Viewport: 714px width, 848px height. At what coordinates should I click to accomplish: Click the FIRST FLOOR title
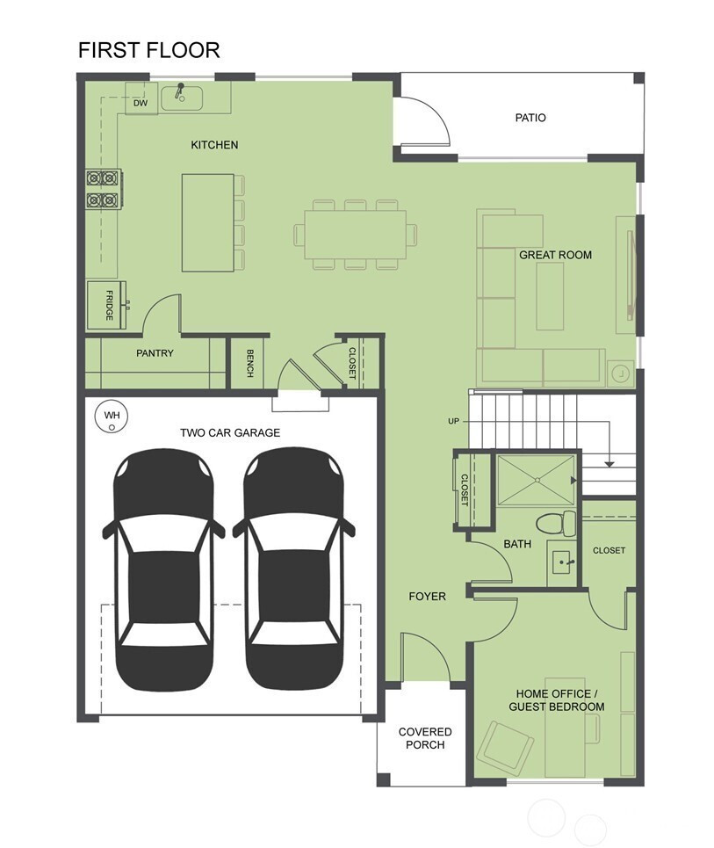tap(148, 50)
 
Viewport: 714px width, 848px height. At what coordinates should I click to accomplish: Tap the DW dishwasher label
tap(141, 103)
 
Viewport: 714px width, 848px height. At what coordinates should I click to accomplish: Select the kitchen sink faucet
tap(179, 91)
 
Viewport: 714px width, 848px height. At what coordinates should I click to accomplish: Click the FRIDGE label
tap(109, 305)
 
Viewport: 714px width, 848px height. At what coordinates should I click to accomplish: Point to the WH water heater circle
tap(112, 417)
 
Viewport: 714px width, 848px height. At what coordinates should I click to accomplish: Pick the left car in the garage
tap(163, 569)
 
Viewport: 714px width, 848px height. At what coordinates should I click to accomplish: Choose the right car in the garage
tap(293, 569)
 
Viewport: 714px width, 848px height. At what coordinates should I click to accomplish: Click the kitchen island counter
tap(208, 222)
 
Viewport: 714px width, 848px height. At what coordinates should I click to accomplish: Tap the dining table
tap(355, 235)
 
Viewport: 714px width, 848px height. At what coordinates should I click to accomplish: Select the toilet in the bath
tap(556, 523)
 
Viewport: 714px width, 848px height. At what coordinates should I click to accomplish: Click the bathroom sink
tap(562, 563)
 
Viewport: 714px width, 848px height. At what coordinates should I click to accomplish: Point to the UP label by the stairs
tap(453, 421)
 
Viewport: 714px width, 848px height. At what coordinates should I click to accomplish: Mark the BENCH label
tap(249, 364)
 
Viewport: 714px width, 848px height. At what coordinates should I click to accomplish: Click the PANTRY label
tap(155, 353)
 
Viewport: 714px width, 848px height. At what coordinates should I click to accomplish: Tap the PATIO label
tap(530, 118)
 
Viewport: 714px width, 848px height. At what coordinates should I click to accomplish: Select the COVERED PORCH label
tap(425, 738)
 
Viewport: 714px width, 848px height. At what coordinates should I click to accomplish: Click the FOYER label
tap(427, 597)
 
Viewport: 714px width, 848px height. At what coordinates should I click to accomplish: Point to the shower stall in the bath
tap(536, 481)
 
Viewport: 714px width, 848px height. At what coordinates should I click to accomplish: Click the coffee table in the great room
tap(550, 296)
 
